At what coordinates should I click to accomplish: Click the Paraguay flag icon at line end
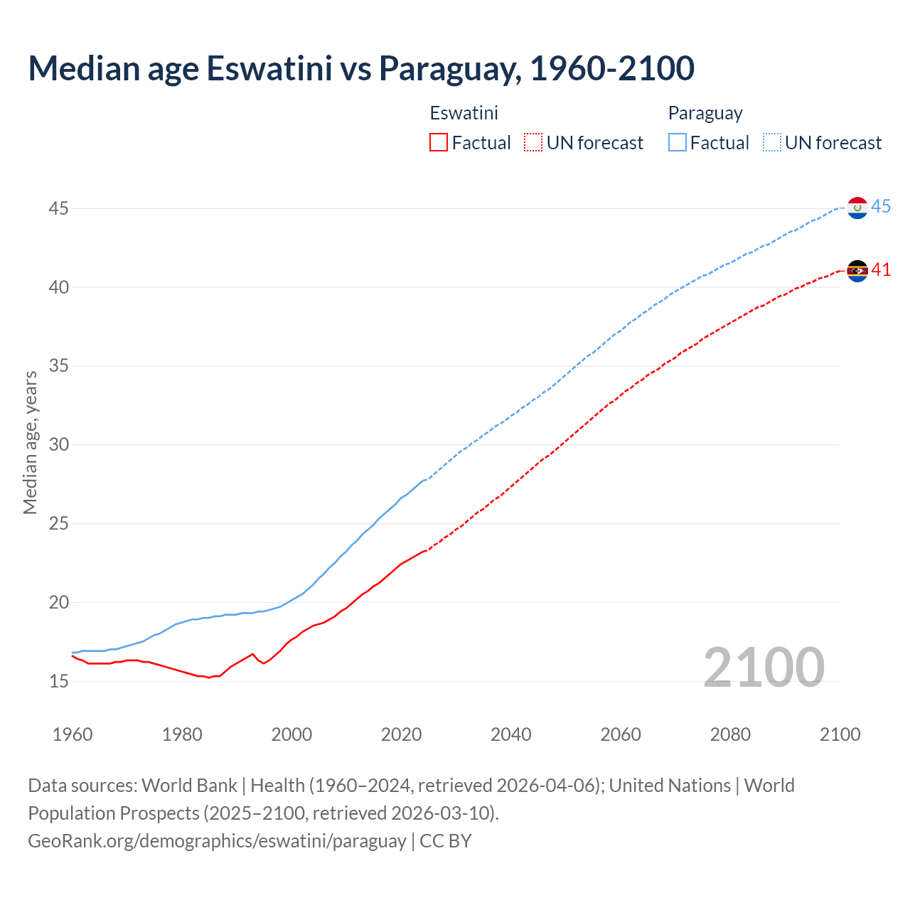pos(857,208)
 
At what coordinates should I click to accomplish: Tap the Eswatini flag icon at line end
pos(857,271)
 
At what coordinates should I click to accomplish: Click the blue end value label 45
pos(881,207)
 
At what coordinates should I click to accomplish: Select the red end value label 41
pos(881,270)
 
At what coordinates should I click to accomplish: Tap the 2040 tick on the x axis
pos(510,734)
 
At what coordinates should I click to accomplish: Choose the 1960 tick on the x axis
pos(73,734)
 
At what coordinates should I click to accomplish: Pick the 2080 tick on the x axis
pos(730,734)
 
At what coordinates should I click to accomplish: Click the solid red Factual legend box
pos(439,143)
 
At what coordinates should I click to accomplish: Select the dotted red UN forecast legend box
pos(533,143)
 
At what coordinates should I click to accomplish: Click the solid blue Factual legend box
pos(678,143)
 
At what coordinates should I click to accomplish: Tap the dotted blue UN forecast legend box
pos(772,143)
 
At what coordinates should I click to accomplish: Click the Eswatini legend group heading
pos(464,113)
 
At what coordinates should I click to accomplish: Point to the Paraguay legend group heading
pos(705,113)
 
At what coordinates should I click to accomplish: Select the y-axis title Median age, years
pos(30,442)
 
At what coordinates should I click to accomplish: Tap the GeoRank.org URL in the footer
pos(217,840)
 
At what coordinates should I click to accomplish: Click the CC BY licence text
pos(446,840)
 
